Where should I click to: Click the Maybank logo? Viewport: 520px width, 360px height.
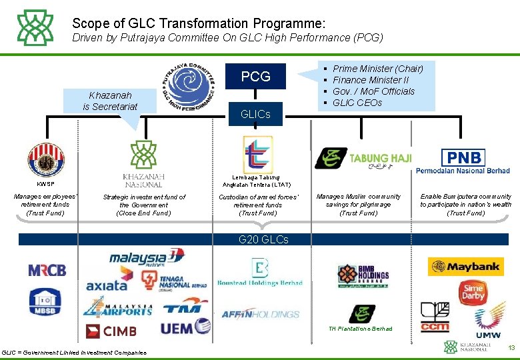pyautogui.click(x=465, y=267)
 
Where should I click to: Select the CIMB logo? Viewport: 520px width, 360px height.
pyautogui.click(x=111, y=330)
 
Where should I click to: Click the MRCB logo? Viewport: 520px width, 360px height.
pyautogui.click(x=47, y=270)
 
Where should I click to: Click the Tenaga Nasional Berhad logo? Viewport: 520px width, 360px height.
pyautogui.click(x=173, y=281)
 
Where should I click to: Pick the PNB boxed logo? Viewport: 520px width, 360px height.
pyautogui.click(x=464, y=158)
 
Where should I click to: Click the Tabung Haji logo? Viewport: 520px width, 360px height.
pyautogui.click(x=363, y=159)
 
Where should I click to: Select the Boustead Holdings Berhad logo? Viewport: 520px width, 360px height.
pyautogui.click(x=259, y=272)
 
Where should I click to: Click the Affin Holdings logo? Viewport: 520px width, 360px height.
pyautogui.click(x=260, y=314)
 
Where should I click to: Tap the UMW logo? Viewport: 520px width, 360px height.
pyautogui.click(x=488, y=321)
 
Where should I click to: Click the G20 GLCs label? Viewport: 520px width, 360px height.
pyautogui.click(x=263, y=239)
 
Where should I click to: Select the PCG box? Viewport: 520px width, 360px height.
pyautogui.click(x=255, y=77)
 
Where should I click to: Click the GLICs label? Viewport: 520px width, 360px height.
pyautogui.click(x=255, y=115)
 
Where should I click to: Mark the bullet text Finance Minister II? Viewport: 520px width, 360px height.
pyautogui.click(x=371, y=80)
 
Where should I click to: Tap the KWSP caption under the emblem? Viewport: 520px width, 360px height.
pyautogui.click(x=45, y=183)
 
